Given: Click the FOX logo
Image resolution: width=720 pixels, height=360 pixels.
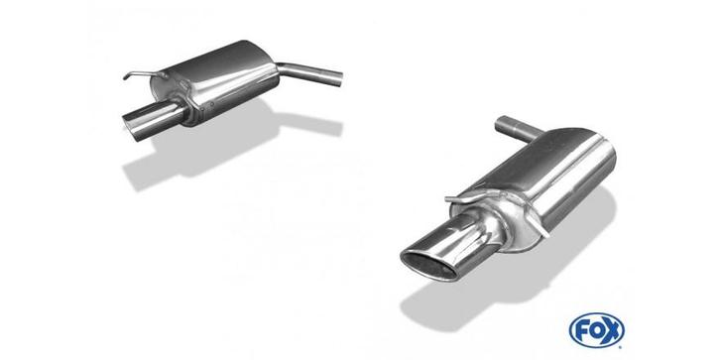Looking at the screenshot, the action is (x=596, y=330).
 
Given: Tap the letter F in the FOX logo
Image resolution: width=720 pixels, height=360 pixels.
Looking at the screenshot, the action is (x=581, y=330).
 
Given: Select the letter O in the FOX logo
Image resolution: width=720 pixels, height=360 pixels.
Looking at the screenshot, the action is (x=596, y=330).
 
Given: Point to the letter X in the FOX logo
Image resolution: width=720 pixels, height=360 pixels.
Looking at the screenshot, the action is (x=612, y=330).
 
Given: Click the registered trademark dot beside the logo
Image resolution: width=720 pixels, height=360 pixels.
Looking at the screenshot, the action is (x=622, y=346).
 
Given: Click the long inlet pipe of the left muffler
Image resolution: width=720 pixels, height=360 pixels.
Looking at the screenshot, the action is (x=310, y=74).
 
